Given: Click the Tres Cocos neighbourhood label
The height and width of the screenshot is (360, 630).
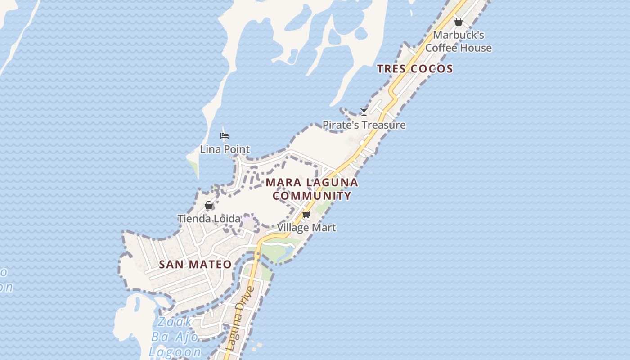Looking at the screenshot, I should pos(414,69).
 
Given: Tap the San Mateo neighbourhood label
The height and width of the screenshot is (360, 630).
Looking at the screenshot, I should pos(195,264).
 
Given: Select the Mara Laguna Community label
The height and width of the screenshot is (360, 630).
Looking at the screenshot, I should pos(312,189).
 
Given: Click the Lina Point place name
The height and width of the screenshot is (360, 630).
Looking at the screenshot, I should pos(225,149).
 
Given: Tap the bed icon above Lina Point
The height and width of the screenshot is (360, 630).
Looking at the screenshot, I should pos(225,136).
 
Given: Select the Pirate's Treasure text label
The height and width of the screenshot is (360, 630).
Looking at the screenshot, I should pos(364,125).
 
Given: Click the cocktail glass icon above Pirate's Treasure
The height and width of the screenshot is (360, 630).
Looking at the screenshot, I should pos(364,111).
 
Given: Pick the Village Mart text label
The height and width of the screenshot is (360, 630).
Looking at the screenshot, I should pos(306,228).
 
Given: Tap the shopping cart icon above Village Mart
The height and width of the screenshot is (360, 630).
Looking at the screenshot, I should pos(306,214).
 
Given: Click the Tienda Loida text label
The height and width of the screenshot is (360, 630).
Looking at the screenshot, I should pos(209,219).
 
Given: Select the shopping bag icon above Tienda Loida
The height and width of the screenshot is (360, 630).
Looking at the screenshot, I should pos(209,206).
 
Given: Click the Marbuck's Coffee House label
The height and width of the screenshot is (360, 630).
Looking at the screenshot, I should pos(458,41).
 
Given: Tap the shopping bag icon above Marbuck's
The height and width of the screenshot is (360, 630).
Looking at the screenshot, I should pos(458,21).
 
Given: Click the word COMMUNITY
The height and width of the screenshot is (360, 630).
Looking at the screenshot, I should pos(312,196).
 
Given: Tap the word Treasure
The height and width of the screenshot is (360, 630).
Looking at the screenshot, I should pos(383,125).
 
